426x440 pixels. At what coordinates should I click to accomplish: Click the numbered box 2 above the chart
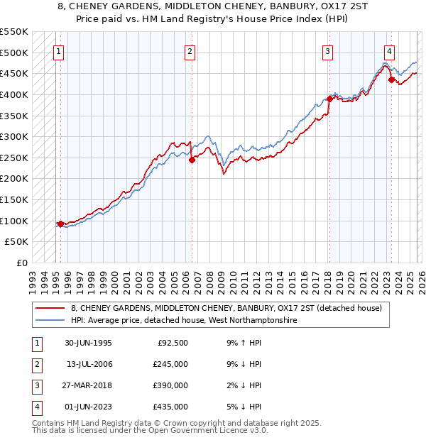pos(190,50)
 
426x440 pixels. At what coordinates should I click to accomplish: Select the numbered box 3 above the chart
pos(327,50)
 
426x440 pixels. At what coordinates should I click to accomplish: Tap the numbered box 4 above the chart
pos(390,50)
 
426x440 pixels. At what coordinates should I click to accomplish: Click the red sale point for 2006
pos(192,160)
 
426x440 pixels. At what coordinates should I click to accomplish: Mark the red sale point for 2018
pos(329,99)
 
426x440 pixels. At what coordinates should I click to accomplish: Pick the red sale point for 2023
pos(391,80)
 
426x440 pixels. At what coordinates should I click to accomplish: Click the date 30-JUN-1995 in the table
pos(87,343)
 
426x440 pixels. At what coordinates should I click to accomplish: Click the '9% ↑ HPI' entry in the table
pos(241,343)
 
